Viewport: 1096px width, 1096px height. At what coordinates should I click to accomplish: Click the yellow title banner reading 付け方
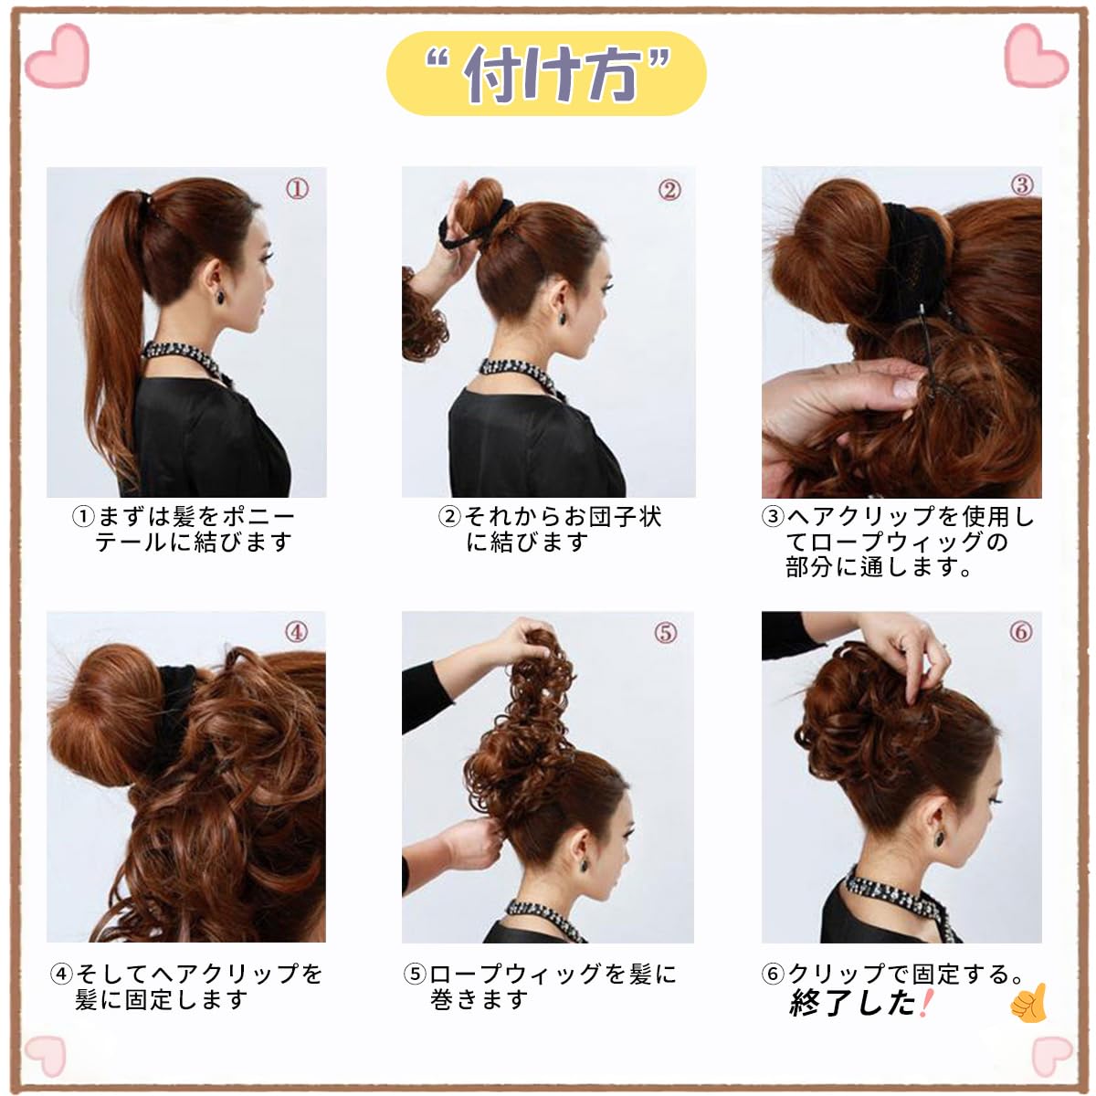point(546,73)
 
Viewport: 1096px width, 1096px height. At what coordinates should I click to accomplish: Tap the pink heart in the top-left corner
point(57,56)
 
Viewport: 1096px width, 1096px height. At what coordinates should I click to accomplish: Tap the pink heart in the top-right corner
point(1037,55)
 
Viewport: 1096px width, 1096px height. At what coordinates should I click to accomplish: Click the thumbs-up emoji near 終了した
point(1029,1004)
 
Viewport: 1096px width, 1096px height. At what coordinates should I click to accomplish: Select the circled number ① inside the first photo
point(297,189)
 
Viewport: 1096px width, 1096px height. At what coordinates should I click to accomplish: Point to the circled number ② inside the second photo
point(669,190)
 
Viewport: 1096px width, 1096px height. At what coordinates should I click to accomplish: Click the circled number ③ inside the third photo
point(1021,184)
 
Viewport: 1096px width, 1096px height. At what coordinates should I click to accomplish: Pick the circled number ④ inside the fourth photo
point(296,632)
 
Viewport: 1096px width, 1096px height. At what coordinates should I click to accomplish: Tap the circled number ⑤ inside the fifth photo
point(666,632)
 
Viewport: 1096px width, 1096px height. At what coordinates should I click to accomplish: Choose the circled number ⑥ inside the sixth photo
point(1020,631)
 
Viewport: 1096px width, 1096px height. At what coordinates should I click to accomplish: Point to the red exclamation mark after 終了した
point(925,1003)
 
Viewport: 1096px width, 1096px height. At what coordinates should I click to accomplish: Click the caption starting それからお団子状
point(550,530)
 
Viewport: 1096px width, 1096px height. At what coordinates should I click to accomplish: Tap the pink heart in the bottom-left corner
point(46,1056)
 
